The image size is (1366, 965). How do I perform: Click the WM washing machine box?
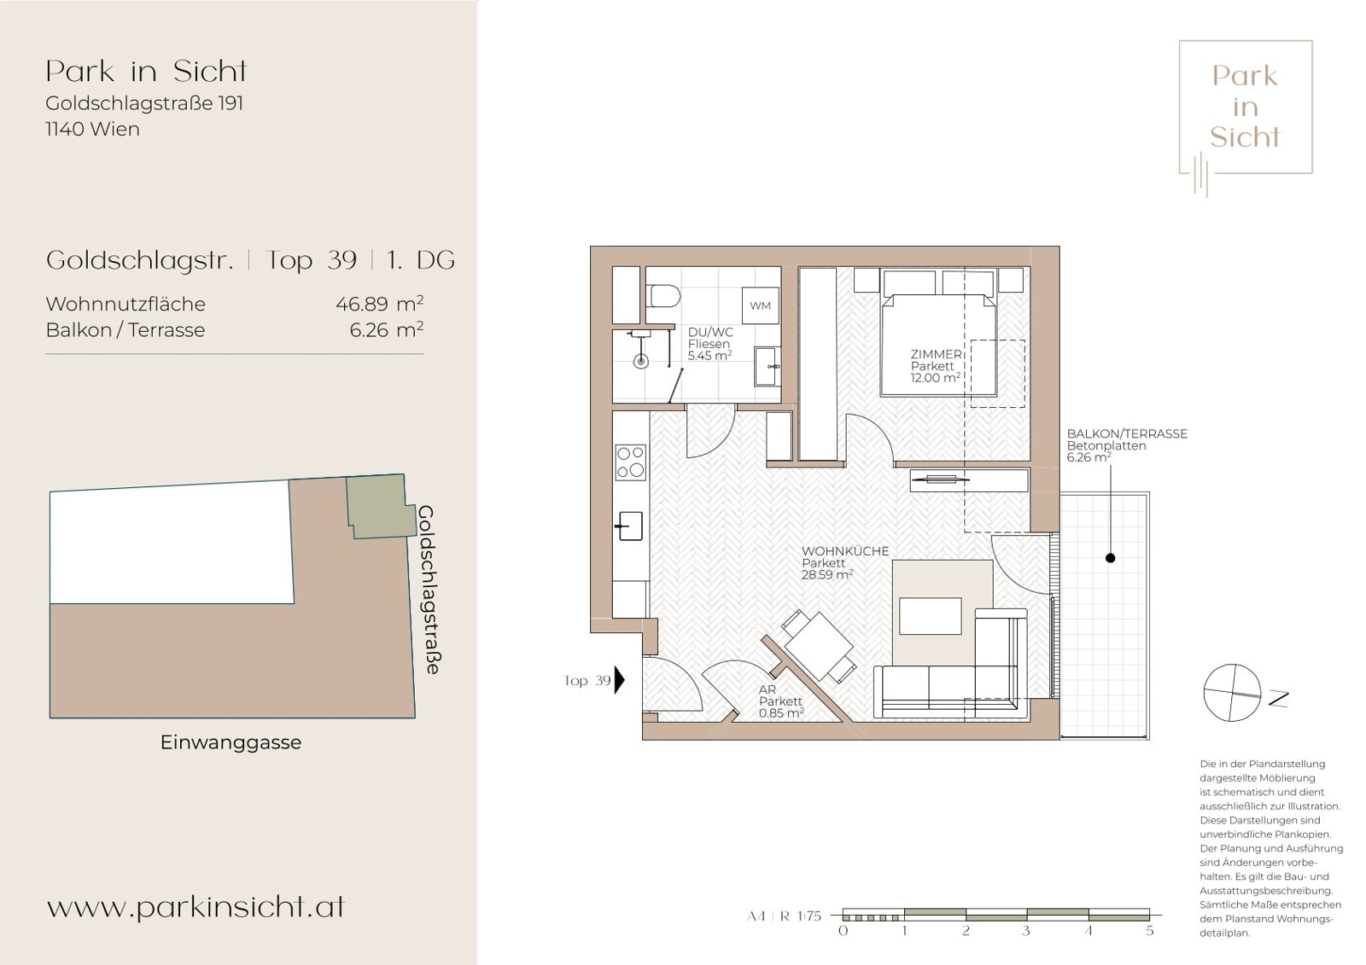[760, 305]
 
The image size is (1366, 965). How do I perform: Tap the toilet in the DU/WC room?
[663, 296]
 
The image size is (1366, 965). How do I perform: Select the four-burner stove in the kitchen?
[631, 462]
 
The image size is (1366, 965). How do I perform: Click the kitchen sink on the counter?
[630, 526]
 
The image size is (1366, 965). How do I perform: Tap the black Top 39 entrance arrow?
[620, 680]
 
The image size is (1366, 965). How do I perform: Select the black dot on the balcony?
[1111, 558]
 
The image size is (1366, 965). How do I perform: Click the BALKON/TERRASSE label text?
[1127, 433]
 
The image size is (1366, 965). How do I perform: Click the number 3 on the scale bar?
[1026, 931]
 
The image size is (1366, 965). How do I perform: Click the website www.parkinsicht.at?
[196, 907]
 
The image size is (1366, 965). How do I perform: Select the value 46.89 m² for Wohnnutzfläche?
[379, 304]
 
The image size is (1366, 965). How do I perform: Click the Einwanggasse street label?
[231, 742]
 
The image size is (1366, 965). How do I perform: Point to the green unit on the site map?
[378, 506]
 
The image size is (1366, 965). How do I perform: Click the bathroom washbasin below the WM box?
[768, 366]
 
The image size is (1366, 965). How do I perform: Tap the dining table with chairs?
[818, 647]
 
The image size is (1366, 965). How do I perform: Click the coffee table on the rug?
[930, 616]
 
